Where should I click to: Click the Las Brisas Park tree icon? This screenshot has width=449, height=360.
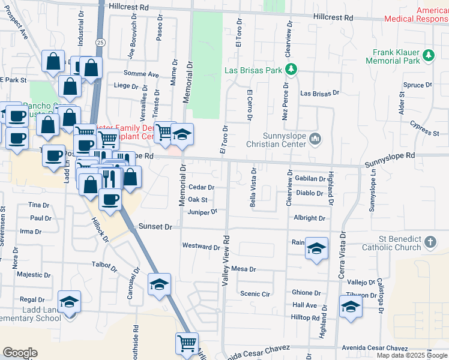click(x=291, y=70)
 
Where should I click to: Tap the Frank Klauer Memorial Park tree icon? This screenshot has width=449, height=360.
click(x=428, y=56)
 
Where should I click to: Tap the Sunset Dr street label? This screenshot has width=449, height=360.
click(x=155, y=227)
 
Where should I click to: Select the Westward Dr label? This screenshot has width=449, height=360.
click(x=201, y=247)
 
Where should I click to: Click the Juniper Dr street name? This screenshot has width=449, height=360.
click(x=202, y=211)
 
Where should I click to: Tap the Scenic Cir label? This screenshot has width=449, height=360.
click(x=255, y=294)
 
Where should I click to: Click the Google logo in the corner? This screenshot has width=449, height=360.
click(x=20, y=353)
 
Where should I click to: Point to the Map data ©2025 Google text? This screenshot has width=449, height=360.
click(x=412, y=355)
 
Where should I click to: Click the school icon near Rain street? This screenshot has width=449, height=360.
click(x=316, y=248)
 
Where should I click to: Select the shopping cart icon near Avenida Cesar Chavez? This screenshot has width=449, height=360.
click(x=187, y=343)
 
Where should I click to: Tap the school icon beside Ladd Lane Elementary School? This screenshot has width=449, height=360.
click(x=70, y=301)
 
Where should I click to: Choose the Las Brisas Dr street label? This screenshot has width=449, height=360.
click(x=320, y=94)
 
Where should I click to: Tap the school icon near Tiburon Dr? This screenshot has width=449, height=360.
click(x=351, y=306)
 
